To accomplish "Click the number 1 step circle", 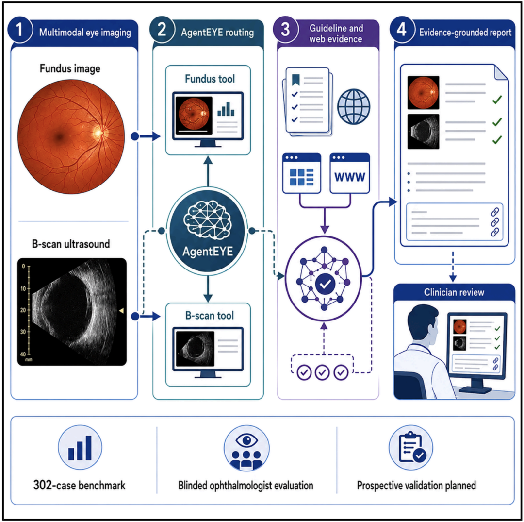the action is (x=19, y=30).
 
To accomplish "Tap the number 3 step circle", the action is (x=285, y=30).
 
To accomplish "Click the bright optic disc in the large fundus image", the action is (x=99, y=133).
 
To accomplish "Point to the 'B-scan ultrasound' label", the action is (x=71, y=244).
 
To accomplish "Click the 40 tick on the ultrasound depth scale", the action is (x=23, y=354).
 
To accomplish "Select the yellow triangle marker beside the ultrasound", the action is (x=121, y=311).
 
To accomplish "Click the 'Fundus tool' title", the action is (x=210, y=79).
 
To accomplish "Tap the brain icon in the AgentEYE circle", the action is (x=208, y=219).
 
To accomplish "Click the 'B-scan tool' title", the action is (x=210, y=315).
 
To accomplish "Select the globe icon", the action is (x=354, y=107).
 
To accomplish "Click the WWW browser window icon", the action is (x=349, y=173).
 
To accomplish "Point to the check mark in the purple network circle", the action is (x=325, y=284).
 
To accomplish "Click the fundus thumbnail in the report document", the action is (x=423, y=92).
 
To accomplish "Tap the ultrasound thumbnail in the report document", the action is (x=423, y=132).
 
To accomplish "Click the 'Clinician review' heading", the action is (x=454, y=292).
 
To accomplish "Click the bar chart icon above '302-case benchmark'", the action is (x=80, y=447).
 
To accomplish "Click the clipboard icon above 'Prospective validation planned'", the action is (x=411, y=447).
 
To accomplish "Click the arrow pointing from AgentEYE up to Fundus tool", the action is (x=208, y=171).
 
